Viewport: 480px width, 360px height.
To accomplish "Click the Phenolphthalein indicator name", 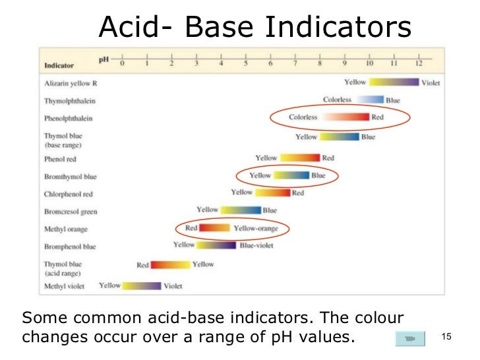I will pyautogui.click(x=69, y=119).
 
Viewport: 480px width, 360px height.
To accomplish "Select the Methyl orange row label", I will pyautogui.click(x=65, y=229).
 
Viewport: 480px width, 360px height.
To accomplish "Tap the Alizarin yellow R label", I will pyautogui.click(x=71, y=84).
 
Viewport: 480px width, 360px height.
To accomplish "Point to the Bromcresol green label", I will pyautogui.click(x=70, y=212).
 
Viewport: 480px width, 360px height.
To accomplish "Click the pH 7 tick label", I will pyautogui.click(x=295, y=65).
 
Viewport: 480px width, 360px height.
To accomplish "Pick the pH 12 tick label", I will pyautogui.click(x=418, y=65).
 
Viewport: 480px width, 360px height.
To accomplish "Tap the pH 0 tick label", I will pyautogui.click(x=122, y=65).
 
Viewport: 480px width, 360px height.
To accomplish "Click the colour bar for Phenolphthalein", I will pyautogui.click(x=345, y=117).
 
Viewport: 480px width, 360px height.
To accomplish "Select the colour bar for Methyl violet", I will pyautogui.click(x=142, y=286).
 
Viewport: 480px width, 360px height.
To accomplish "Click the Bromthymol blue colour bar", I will pyautogui.click(x=291, y=175).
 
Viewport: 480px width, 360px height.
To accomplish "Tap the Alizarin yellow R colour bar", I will pyautogui.click(x=394, y=82).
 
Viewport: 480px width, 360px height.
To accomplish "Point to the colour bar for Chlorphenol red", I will pyautogui.click(x=272, y=193).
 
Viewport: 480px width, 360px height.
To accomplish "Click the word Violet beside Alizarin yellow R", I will pyautogui.click(x=431, y=83).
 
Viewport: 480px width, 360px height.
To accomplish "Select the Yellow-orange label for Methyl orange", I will pyautogui.click(x=256, y=228).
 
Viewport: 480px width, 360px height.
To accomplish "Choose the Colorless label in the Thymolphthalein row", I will pyautogui.click(x=337, y=100).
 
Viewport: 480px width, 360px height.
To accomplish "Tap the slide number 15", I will pyautogui.click(x=445, y=338).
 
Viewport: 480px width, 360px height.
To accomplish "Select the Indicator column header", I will pyautogui.click(x=59, y=65).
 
